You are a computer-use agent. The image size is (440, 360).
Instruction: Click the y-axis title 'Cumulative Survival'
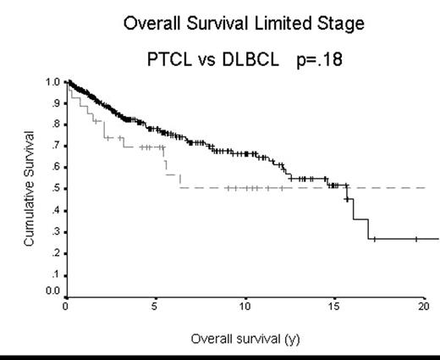30,188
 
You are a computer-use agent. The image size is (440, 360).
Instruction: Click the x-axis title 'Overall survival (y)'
245,338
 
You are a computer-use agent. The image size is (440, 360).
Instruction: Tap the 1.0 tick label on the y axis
52,82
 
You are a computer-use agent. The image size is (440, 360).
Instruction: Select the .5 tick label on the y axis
54,189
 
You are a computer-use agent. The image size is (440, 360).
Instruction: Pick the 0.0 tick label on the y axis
52,291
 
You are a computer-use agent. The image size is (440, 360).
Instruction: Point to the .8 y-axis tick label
54,125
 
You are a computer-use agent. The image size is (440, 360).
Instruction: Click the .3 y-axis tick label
54,231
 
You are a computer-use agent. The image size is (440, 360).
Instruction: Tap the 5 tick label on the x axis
155,307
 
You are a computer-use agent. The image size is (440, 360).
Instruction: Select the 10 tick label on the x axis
245,307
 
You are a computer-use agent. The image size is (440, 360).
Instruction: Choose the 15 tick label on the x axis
335,307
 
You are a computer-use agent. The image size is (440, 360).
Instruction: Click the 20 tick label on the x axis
424,307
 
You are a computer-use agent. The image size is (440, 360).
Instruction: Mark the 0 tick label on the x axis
65,307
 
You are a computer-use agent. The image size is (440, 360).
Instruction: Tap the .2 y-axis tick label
54,252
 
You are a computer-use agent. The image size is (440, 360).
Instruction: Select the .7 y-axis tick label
54,146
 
